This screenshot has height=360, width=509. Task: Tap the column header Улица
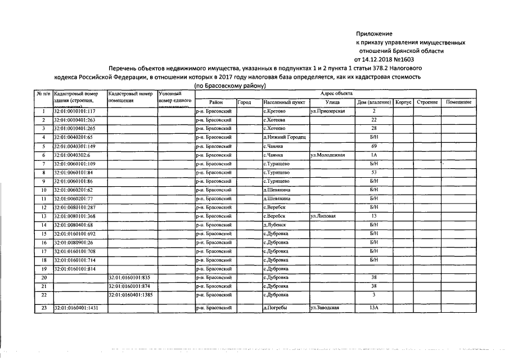[332, 102]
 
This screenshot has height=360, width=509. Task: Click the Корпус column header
[403, 102]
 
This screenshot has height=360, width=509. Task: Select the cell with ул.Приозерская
[331, 111]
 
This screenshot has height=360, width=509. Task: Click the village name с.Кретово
[275, 111]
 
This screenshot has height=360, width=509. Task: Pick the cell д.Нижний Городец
[284, 137]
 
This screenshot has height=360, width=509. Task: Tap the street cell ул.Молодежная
[331, 155]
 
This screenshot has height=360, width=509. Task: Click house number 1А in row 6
[373, 155]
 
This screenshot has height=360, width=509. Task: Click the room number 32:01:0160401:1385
[131, 295]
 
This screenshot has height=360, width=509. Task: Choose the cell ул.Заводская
[328, 308]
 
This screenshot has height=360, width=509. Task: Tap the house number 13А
[373, 308]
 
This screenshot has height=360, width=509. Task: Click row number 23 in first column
[43, 308]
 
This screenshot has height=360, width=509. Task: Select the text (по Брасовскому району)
[230, 85]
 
